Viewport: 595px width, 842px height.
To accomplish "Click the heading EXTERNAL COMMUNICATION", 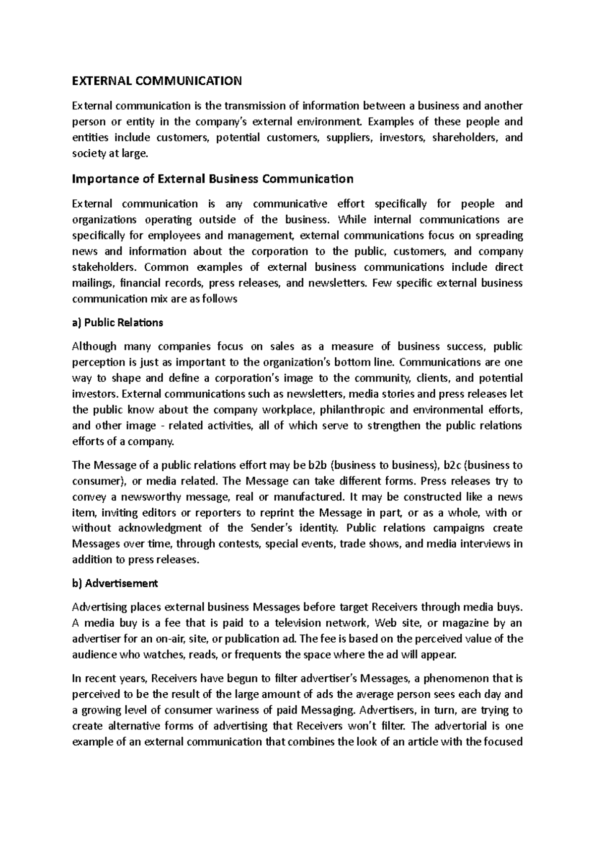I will tap(157, 81).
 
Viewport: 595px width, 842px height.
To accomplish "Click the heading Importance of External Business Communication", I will tap(213, 179).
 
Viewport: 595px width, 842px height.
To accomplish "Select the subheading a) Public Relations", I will tap(118, 323).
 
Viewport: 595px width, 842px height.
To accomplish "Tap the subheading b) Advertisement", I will tap(115, 584).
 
